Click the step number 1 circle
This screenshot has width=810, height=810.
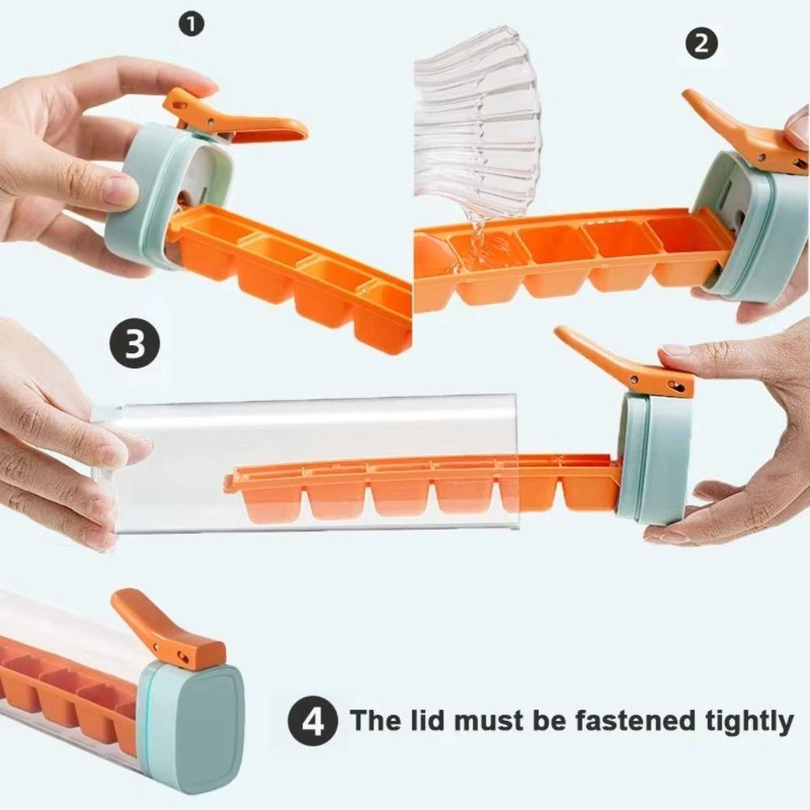[191, 24]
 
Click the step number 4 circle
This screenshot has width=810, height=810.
[313, 719]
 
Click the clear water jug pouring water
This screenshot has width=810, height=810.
[478, 122]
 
